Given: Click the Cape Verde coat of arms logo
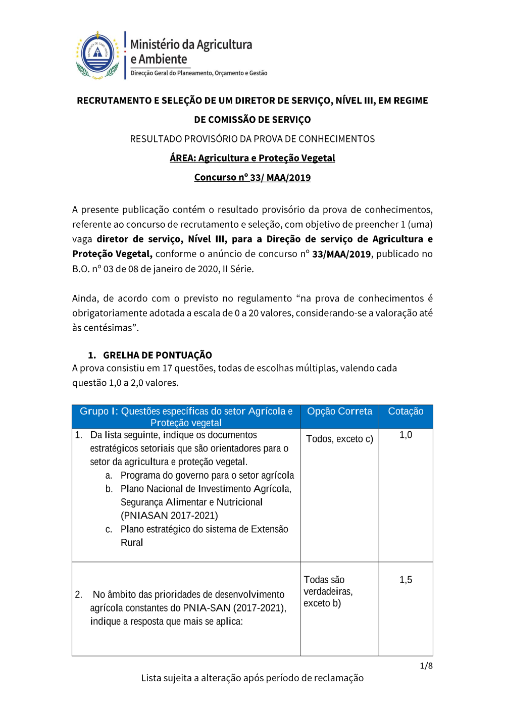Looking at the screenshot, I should click(97, 55).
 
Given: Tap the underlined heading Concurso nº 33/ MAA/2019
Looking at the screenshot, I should click(252, 177).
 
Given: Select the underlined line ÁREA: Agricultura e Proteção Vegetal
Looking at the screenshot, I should click(252, 158).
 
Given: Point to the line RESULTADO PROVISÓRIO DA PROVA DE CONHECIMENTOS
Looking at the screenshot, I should click(252, 139).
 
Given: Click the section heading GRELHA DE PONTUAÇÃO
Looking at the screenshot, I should click(157, 355).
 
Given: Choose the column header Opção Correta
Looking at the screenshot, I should click(339, 412).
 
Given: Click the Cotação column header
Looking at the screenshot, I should click(406, 412).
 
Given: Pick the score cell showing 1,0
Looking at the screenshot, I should click(406, 435).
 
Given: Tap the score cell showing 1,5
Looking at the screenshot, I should click(406, 580).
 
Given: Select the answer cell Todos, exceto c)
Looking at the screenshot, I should click(339, 439).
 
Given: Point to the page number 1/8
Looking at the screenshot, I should click(426, 666).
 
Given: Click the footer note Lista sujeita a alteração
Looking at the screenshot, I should click(252, 678).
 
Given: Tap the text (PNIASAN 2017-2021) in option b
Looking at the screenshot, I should click(169, 516).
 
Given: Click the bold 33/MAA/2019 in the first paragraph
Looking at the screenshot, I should click(341, 254).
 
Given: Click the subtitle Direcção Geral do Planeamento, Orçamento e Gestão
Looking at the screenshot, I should click(199, 73).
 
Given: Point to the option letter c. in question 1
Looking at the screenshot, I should click(109, 529).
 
